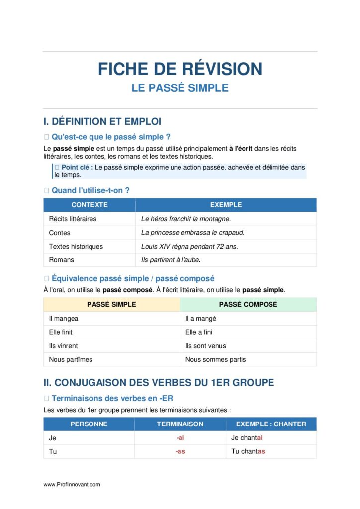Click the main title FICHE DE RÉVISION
[180, 69]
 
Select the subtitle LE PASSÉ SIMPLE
[180, 88]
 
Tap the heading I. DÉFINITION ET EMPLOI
[102, 121]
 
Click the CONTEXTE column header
[90, 205]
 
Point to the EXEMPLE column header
[226, 205]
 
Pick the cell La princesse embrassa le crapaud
[193, 233]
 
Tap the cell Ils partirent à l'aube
[171, 260]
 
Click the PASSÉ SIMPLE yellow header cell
[111, 304]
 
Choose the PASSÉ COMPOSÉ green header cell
[248, 304]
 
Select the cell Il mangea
[63, 318]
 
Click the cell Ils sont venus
[205, 346]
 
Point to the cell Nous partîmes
[71, 359]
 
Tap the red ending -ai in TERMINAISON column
[180, 438]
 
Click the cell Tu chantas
[248, 452]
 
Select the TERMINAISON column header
[180, 424]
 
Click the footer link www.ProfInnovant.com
[72, 484]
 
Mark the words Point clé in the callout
[77, 167]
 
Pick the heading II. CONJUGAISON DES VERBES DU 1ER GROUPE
[159, 383]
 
